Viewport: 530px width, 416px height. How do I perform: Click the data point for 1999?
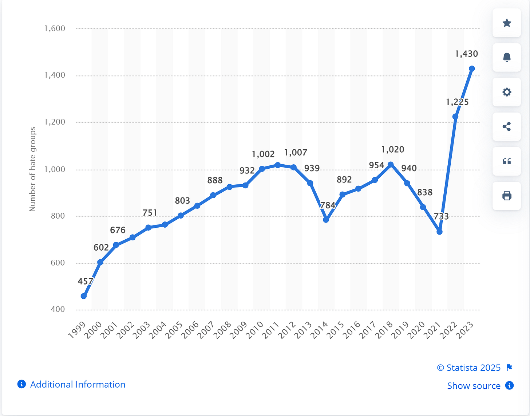pos(84,296)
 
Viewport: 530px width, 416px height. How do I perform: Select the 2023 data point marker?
pos(472,69)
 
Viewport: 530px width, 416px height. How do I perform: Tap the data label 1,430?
pos(466,54)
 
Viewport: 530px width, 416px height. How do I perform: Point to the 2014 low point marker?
pos(326,220)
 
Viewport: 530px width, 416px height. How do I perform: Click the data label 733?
pos(441,216)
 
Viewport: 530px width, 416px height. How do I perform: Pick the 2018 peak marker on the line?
pos(391,165)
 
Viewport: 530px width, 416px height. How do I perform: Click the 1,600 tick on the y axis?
pos(55,28)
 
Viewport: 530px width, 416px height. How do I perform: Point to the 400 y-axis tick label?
pos(58,309)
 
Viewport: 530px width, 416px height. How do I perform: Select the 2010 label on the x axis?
pos(255,330)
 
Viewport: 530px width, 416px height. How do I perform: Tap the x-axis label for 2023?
pos(466,330)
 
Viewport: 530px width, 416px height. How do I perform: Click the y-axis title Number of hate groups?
pos(32,169)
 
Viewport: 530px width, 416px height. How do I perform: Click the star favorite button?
pos(507,23)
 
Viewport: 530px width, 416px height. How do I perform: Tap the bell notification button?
pos(507,58)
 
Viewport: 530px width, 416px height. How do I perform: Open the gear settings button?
pos(507,92)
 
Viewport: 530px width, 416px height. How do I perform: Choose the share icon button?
pos(507,127)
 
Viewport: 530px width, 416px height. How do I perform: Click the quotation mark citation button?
pos(507,161)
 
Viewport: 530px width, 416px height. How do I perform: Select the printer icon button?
pos(507,196)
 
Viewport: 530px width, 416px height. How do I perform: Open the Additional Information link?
pos(78,384)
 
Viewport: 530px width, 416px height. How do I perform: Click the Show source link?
pos(474,386)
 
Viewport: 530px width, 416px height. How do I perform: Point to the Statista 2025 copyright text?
pos(469,368)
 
